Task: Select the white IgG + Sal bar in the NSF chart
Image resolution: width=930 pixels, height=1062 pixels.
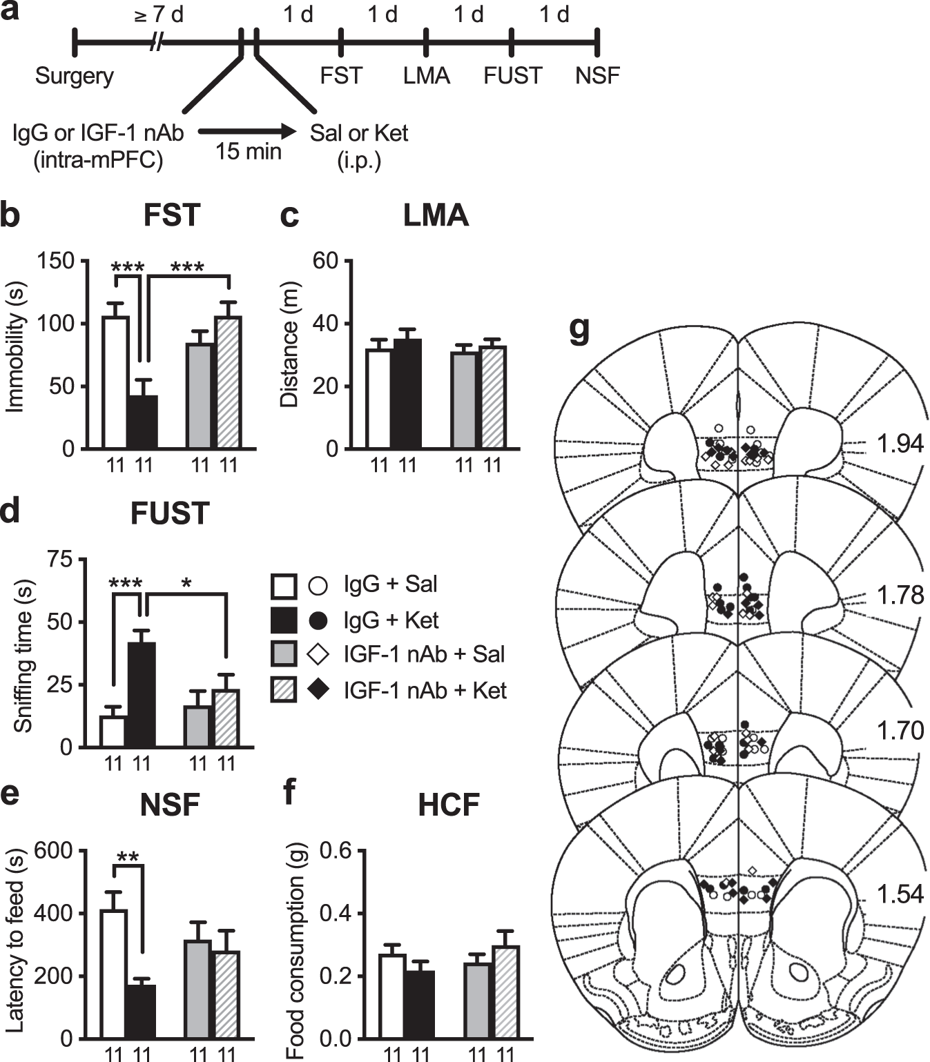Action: (x=114, y=973)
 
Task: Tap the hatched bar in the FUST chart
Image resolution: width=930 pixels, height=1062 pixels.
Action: (x=226, y=718)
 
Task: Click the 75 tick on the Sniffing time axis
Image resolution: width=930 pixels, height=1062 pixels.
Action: (x=61, y=559)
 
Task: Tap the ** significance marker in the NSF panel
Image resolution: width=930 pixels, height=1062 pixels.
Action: (x=128, y=858)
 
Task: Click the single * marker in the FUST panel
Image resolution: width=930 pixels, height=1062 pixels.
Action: (x=186, y=583)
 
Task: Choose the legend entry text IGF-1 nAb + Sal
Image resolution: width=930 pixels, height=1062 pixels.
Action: (x=424, y=653)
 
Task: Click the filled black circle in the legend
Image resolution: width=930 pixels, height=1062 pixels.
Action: (x=318, y=620)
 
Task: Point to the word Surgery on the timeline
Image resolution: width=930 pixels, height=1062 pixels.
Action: (x=75, y=75)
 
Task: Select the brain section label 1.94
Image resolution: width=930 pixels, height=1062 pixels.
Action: (x=900, y=443)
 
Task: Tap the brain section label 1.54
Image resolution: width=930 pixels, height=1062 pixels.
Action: (x=900, y=894)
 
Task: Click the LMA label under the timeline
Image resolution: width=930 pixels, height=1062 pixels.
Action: (x=426, y=75)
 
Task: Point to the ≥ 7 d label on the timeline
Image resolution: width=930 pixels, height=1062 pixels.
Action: (x=159, y=14)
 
